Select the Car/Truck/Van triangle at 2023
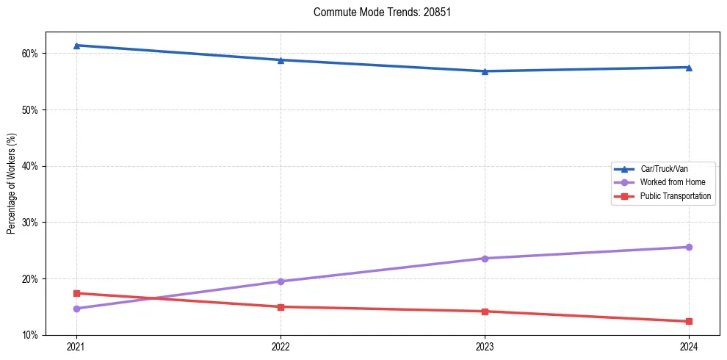(485, 71)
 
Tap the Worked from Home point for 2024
(689, 247)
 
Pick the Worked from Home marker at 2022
(281, 281)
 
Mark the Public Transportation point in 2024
(689, 321)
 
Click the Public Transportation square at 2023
(485, 312)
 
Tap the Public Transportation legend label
(675, 196)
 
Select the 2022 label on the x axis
(281, 346)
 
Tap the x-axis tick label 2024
(689, 346)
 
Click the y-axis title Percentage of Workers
(12, 184)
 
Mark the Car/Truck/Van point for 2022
(281, 60)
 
